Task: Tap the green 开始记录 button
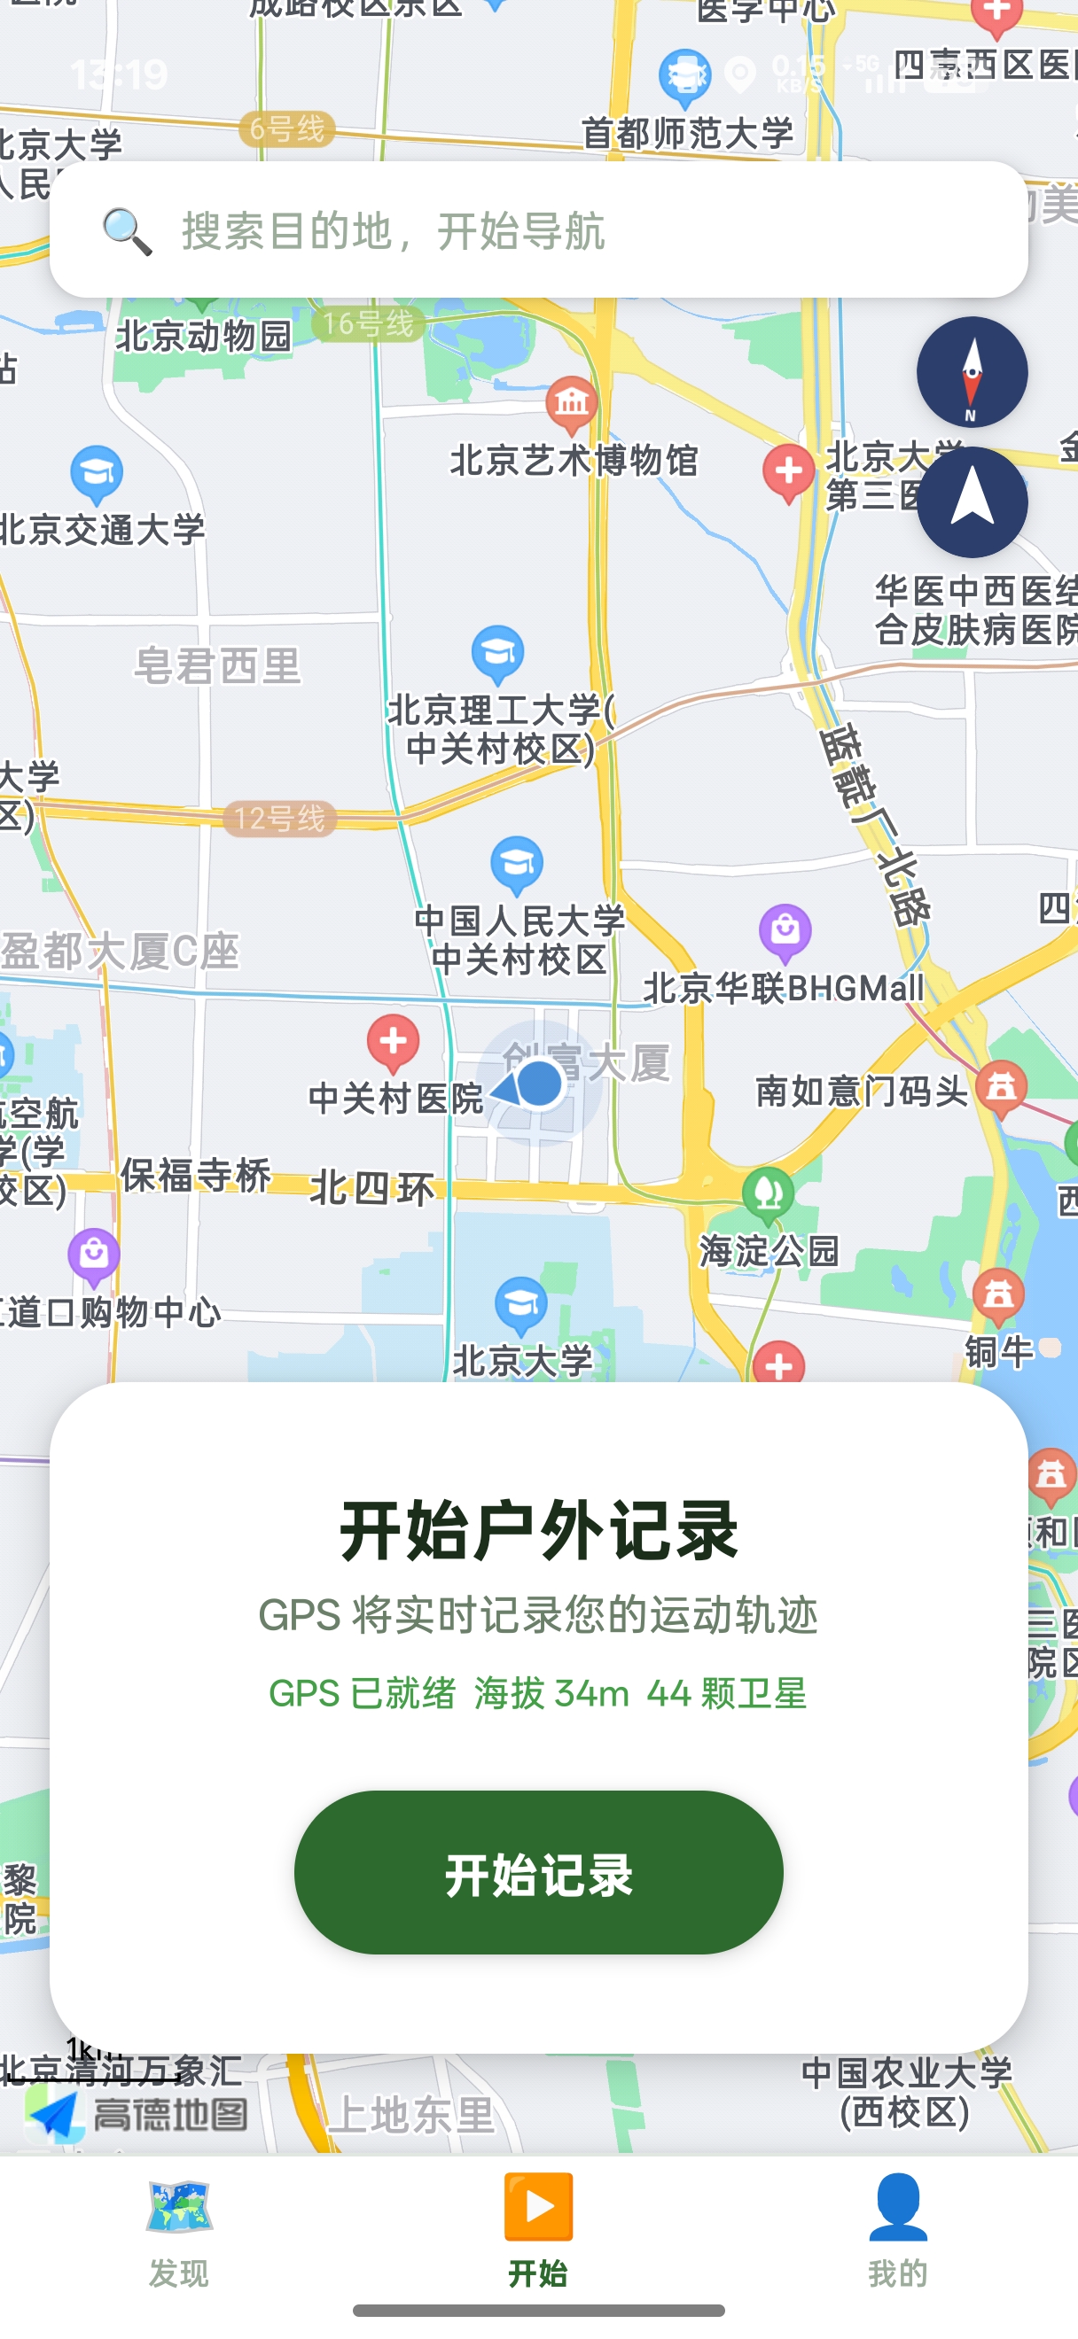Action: [x=538, y=1872]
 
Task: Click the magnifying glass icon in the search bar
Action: [x=126, y=230]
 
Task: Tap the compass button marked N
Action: [x=972, y=372]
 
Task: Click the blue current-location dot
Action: [x=540, y=1084]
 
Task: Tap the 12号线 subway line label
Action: [x=280, y=818]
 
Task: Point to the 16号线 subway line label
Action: [x=368, y=323]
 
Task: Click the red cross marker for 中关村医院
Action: [x=394, y=1041]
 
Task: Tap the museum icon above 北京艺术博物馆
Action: [x=572, y=402]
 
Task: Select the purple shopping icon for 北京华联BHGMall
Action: [x=785, y=930]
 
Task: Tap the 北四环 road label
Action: [x=372, y=1187]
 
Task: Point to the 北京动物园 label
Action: [x=203, y=336]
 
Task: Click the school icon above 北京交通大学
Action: [x=98, y=473]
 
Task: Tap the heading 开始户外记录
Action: [x=538, y=1531]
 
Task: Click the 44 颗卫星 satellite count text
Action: [x=727, y=1693]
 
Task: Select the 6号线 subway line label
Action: [x=287, y=129]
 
